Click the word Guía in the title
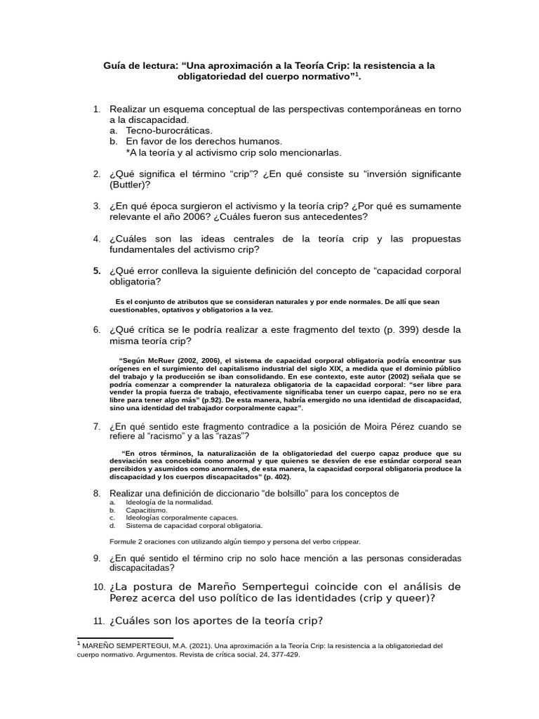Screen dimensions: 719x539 (x=117, y=65)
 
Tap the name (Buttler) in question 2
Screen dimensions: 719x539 (x=130, y=185)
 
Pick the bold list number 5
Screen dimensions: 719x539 (x=97, y=271)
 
